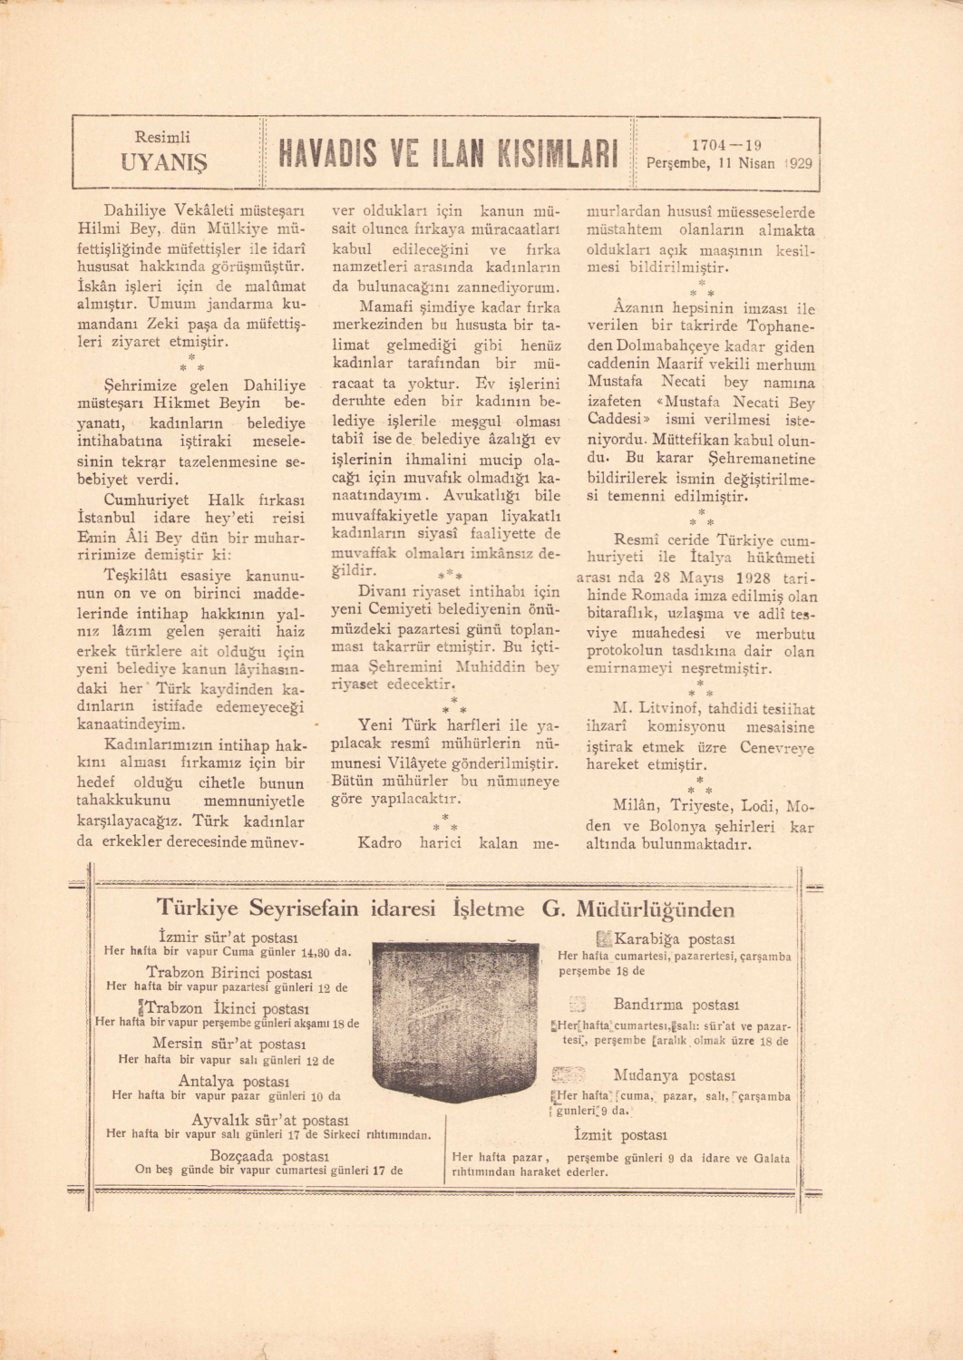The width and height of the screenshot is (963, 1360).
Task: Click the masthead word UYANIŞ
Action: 163,162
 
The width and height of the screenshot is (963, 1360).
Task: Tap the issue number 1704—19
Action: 725,145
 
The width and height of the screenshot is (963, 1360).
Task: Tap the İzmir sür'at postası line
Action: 228,937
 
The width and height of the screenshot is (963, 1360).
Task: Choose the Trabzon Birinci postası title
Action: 229,972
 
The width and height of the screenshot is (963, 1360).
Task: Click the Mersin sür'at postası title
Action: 227,1043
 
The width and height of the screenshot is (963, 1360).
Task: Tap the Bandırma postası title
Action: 676,1005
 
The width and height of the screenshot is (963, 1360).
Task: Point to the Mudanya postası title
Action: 673,1076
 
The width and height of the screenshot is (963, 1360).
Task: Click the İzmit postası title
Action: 621,1135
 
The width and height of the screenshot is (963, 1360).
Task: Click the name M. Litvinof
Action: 647,708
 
